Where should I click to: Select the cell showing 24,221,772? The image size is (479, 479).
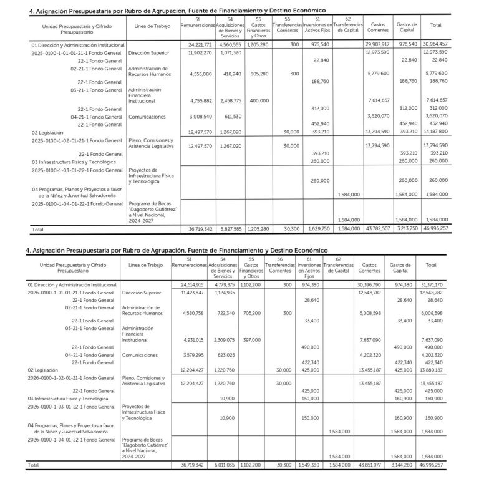[200, 45]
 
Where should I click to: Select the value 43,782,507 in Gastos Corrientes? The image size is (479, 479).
[375, 229]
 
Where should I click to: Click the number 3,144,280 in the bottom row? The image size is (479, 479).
[405, 465]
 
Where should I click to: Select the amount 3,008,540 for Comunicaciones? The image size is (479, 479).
[200, 116]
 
